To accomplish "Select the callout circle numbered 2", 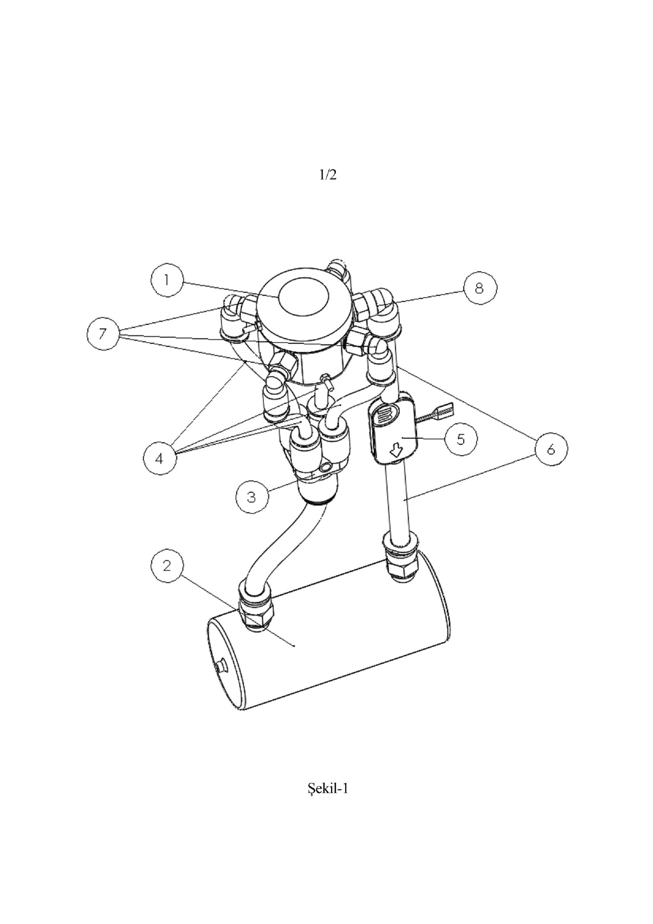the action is [167, 566].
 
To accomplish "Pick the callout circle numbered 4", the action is [160, 458].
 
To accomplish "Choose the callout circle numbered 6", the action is [551, 449].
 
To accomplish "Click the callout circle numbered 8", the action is [479, 288].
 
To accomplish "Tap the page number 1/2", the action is [328, 175].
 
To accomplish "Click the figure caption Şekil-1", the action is [328, 788].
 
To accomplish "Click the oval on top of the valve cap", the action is [304, 296].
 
